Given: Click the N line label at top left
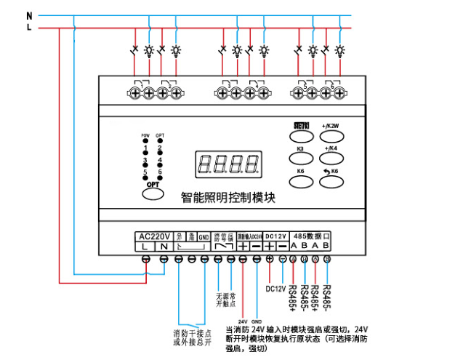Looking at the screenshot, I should tap(29, 15).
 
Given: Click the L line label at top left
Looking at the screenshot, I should tap(29, 27).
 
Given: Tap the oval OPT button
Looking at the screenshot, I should tap(153, 187).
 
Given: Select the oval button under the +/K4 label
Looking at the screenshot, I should tap(332, 158).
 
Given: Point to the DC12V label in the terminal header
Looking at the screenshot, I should tap(277, 236).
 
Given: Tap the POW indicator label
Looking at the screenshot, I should tap(145, 136).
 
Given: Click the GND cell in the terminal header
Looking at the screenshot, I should tap(205, 237).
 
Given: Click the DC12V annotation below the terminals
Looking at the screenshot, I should tap(276, 288).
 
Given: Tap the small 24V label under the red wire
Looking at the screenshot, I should tap(243, 321).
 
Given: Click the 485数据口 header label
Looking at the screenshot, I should tap(312, 236).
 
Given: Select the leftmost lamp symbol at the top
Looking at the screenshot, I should tap(149, 51).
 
